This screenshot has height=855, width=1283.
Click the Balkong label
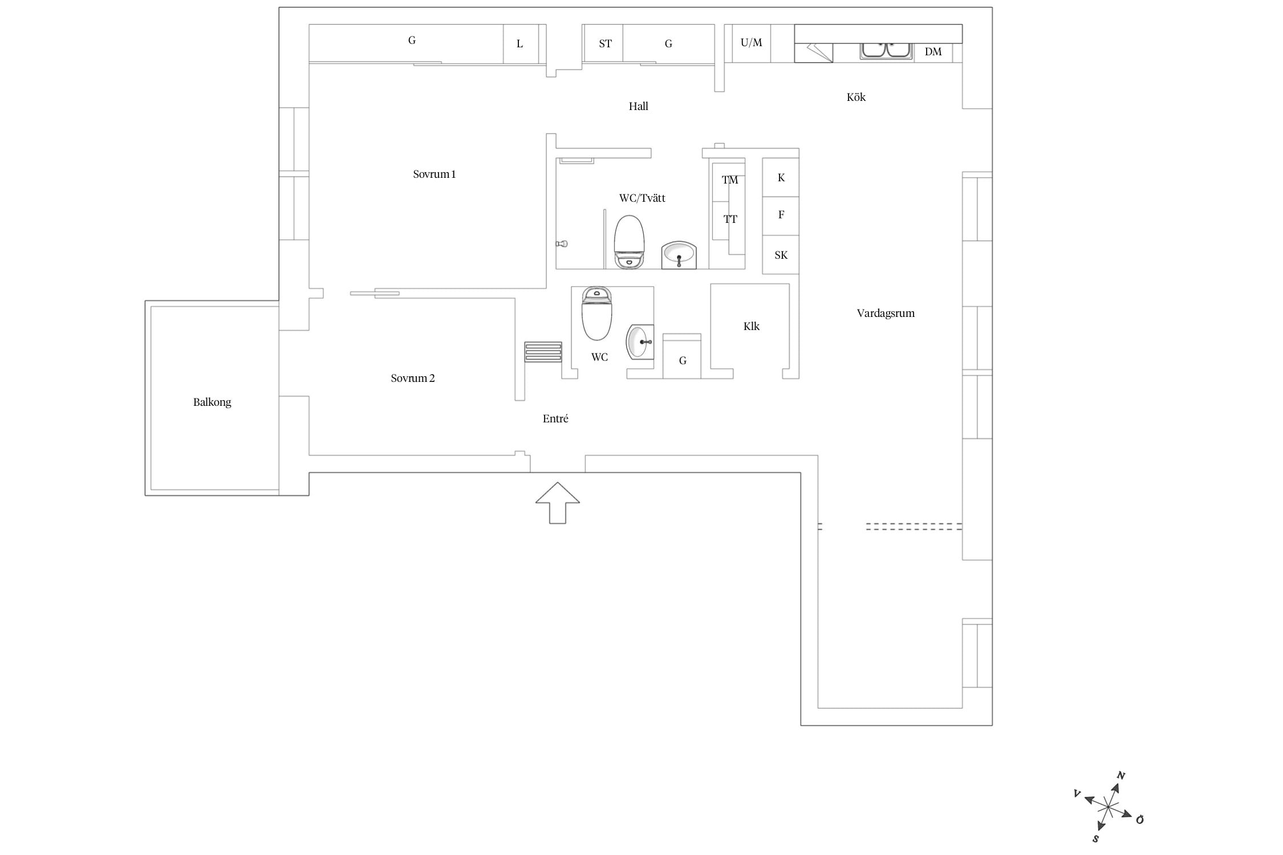212,402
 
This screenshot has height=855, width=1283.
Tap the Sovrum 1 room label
435,174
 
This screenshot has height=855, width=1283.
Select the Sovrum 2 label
413,378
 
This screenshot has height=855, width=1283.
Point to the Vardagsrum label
886,313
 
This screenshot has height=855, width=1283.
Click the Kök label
856,97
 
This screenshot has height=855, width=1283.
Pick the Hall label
639,106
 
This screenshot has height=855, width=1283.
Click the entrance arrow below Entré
558,503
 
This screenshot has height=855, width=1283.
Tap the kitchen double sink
886,50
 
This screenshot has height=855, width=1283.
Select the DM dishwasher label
933,52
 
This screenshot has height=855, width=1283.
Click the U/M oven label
752,43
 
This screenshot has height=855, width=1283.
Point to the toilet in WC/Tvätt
630,242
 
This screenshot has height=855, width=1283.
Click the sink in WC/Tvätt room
679,255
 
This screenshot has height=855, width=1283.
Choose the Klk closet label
752,327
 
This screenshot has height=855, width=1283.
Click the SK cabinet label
781,255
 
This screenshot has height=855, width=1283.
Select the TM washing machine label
730,180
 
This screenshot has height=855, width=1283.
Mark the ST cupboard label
606,44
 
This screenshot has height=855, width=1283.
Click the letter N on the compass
1120,776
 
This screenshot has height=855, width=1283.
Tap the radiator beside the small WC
543,352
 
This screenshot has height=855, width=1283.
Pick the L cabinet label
519,44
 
